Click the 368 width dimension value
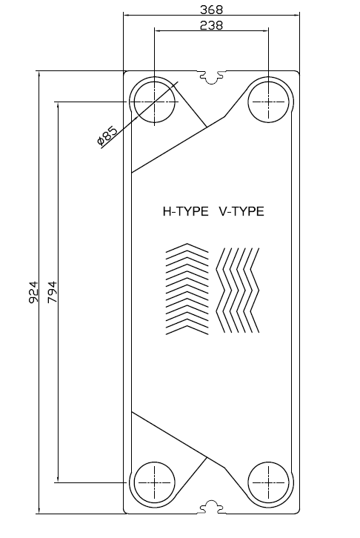[211, 10]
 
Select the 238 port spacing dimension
[211, 25]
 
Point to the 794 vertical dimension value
[53, 292]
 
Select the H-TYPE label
[186, 211]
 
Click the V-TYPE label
[241, 211]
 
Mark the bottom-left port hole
[153, 482]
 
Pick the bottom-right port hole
[268, 482]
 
